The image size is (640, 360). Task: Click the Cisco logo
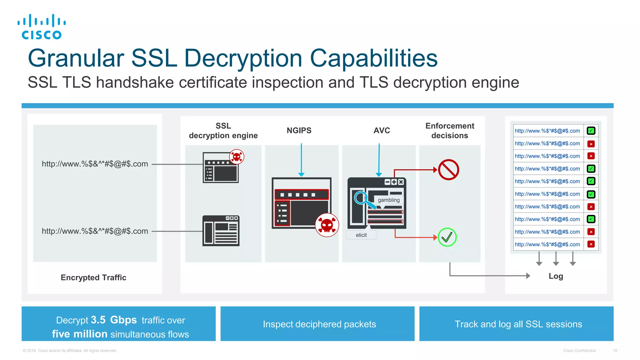(42, 27)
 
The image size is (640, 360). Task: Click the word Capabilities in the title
(373, 58)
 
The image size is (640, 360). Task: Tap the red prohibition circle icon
(448, 170)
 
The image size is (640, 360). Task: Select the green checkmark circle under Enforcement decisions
(447, 237)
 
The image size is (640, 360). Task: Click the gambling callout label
(388, 200)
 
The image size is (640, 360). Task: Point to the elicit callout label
(361, 235)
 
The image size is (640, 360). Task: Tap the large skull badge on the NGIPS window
(327, 225)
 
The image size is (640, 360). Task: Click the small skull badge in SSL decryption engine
(237, 157)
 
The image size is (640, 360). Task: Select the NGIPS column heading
(299, 131)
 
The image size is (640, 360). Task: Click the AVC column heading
(382, 131)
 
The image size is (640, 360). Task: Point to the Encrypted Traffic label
(93, 277)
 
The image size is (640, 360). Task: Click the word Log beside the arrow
(556, 276)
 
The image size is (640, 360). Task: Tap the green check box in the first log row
(591, 131)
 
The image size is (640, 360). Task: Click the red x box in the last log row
(591, 244)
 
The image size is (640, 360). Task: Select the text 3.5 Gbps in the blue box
(114, 320)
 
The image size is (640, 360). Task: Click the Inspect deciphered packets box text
(319, 324)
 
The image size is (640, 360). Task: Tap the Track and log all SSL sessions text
(518, 324)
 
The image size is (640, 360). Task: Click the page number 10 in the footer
(615, 351)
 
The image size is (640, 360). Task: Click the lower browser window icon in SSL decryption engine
(221, 231)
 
